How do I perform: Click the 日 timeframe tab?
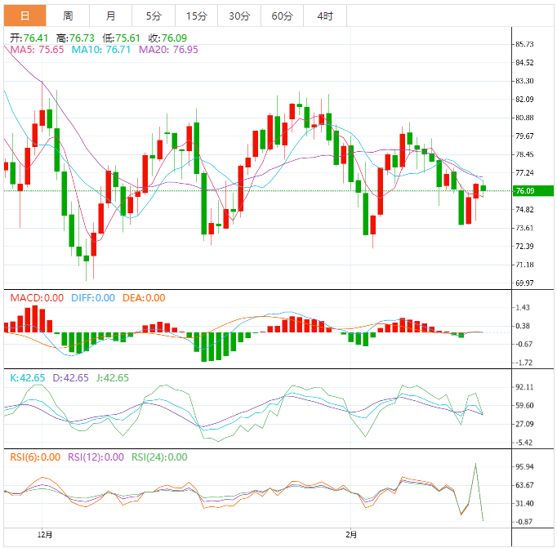point(25,16)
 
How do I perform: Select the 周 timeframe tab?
point(68,16)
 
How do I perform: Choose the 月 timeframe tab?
point(110,16)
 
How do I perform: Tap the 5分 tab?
point(154,16)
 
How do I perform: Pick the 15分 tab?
point(196,16)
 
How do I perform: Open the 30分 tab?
point(239,16)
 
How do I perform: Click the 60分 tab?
point(282,16)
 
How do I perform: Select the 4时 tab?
point(324,16)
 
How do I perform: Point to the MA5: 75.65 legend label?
point(38,50)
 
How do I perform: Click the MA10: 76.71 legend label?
point(102,50)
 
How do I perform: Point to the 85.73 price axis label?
point(525,44)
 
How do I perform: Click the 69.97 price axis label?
point(525,283)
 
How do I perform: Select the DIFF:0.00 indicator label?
point(92,298)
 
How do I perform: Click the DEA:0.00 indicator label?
point(144,298)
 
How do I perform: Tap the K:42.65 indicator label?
point(29,378)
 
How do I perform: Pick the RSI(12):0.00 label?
point(96,457)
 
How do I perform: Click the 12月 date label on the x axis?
point(46,535)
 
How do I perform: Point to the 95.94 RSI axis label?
point(525,467)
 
